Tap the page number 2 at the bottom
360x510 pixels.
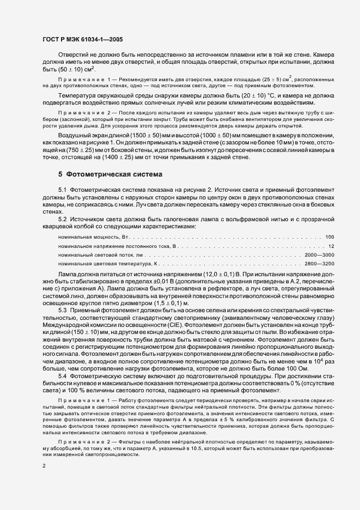tap(44, 466)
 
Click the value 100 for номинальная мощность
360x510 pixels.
tap(330, 237)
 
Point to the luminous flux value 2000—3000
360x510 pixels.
tap(320, 255)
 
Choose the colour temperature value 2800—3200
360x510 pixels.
tap(320, 264)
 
